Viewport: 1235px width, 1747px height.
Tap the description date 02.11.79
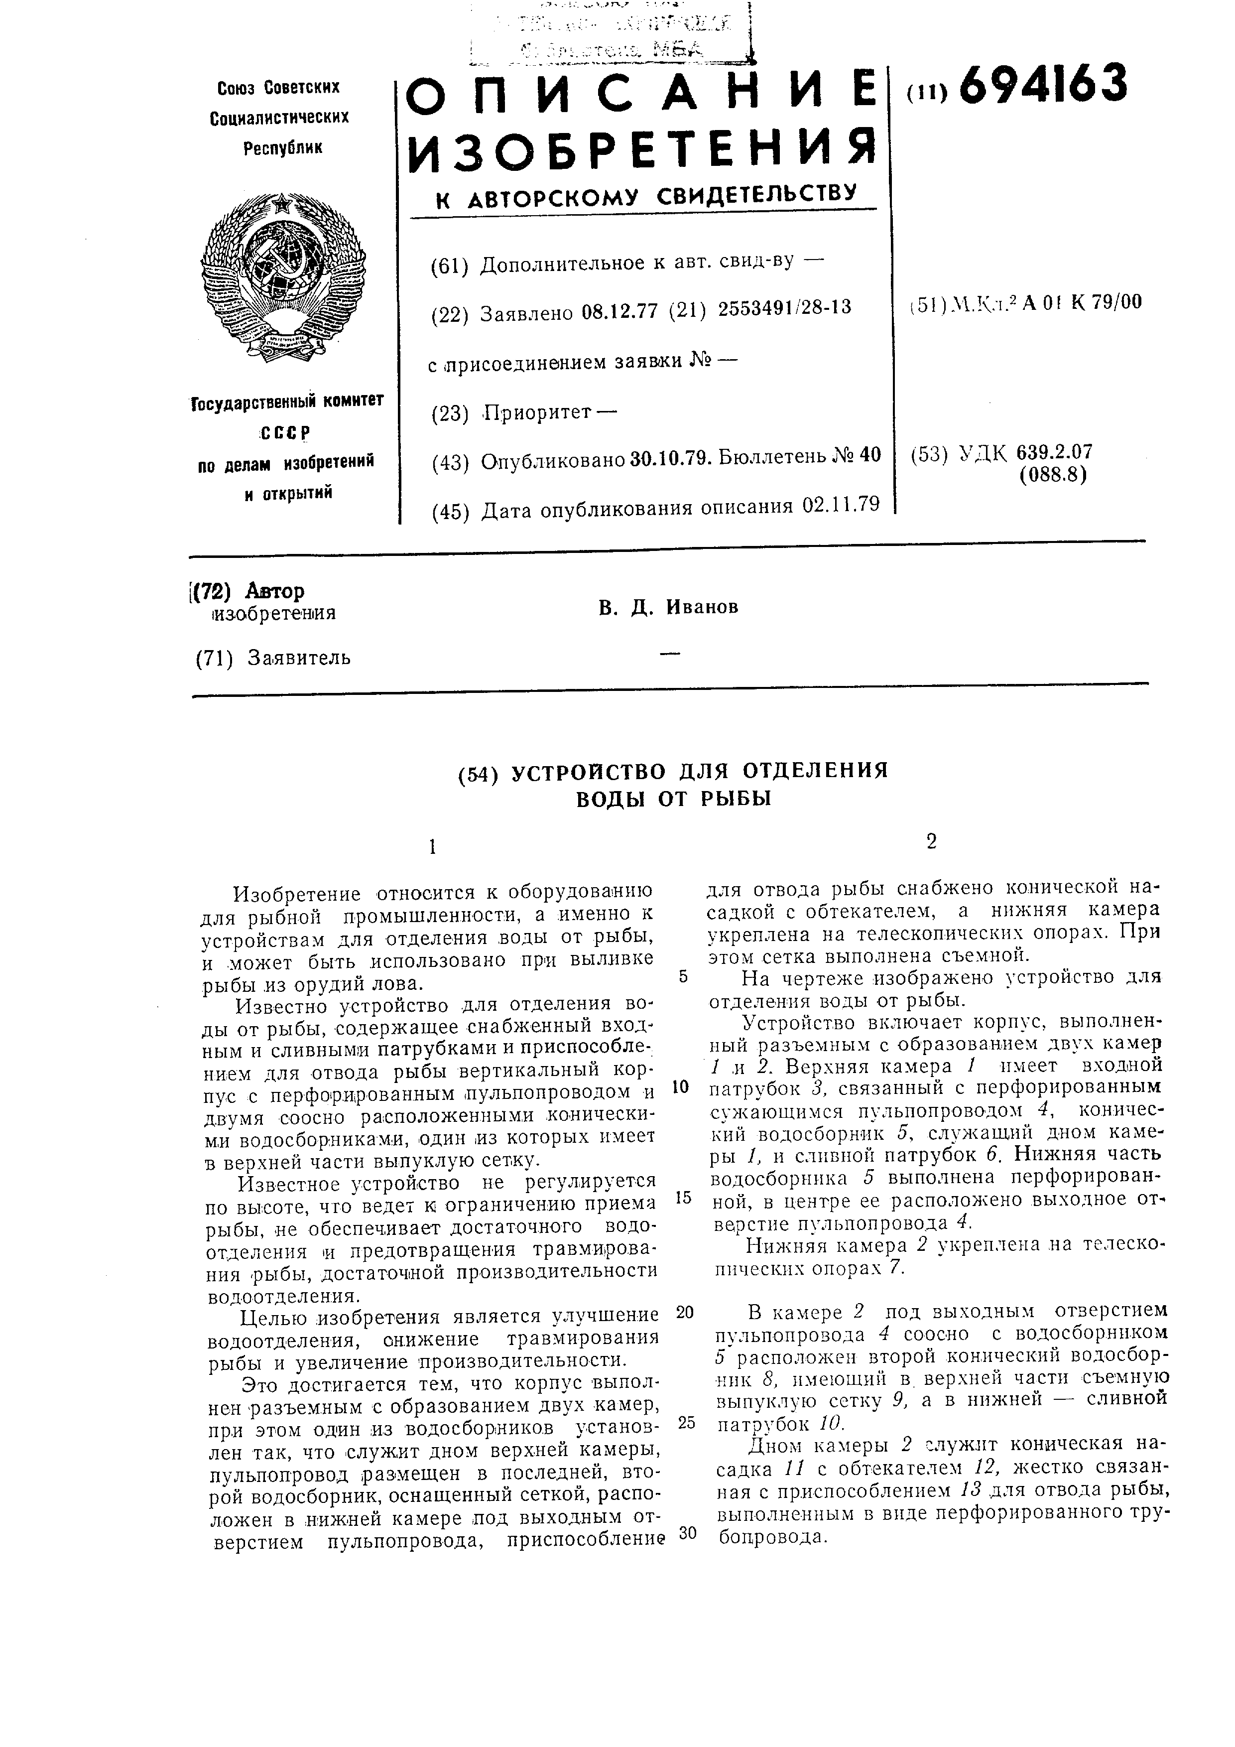[840, 505]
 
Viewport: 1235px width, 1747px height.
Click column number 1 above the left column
[432, 847]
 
